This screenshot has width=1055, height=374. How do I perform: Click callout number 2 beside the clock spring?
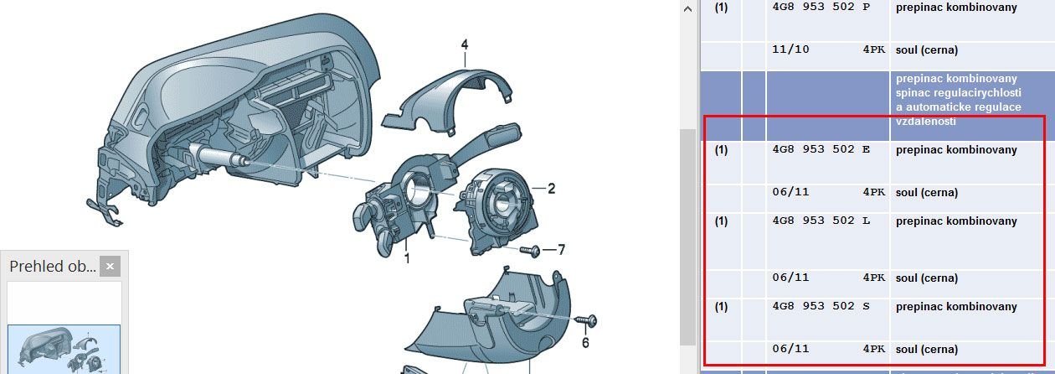point(551,189)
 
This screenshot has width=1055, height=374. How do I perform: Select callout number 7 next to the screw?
point(561,250)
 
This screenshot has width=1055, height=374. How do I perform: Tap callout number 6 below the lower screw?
point(585,342)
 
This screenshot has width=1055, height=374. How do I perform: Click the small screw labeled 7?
point(530,250)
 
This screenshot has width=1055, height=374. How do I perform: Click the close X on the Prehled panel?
point(110,267)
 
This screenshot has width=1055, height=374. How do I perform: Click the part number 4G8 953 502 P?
point(820,8)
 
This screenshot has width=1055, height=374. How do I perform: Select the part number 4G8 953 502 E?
point(820,150)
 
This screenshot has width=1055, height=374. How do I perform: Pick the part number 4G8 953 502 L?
point(820,221)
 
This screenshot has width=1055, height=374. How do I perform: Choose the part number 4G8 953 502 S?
point(820,307)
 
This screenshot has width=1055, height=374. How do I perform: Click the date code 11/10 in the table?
point(790,50)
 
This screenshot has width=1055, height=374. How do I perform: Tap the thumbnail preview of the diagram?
point(64,348)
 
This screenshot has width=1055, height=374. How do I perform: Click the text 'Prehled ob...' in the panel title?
point(52,267)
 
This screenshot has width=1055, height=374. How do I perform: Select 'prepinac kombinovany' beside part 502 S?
point(956,307)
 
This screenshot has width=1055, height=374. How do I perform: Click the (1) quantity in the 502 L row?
point(721,221)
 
